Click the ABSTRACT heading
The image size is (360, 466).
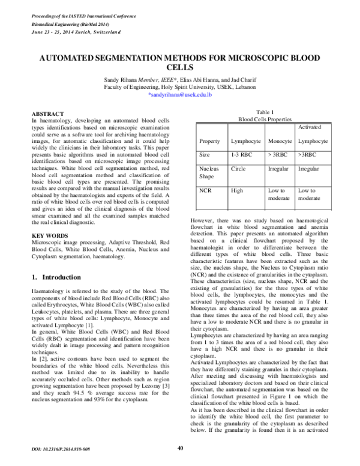(x=47, y=113)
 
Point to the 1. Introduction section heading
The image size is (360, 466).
(x=56, y=277)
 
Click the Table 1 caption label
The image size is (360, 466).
(x=265, y=112)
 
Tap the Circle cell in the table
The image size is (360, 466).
(x=238, y=169)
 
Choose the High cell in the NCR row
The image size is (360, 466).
(x=237, y=190)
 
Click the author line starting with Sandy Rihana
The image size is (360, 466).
(x=180, y=80)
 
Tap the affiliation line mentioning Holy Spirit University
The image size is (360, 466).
(x=180, y=87)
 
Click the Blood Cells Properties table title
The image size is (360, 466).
(x=265, y=120)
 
